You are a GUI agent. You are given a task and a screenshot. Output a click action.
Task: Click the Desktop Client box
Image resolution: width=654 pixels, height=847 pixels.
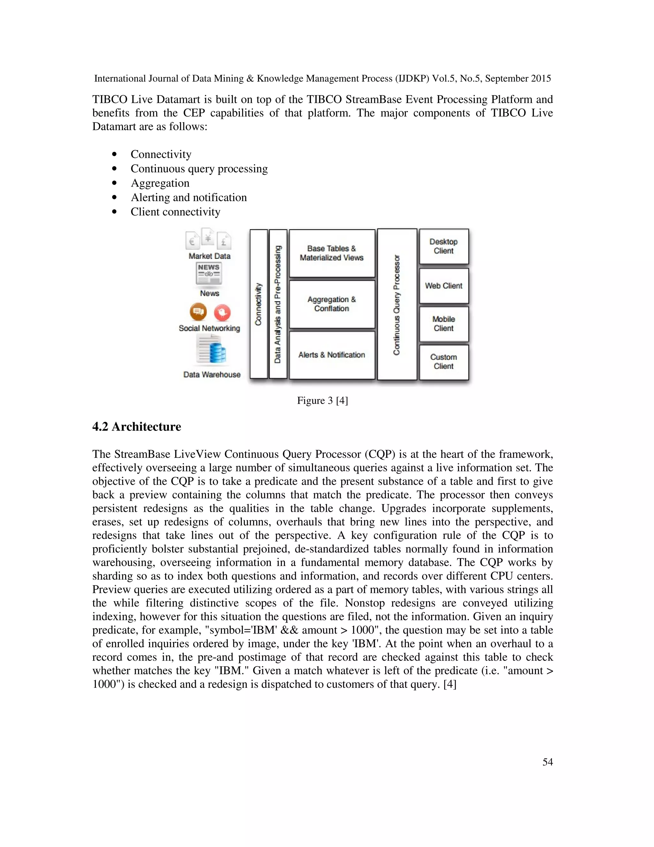[444, 246]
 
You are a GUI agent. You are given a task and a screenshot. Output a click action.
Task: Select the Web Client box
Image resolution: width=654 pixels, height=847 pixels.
[444, 286]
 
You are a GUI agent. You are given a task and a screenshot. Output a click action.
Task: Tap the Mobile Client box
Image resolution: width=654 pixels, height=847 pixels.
[444, 324]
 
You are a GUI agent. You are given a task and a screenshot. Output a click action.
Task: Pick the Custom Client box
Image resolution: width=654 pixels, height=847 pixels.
[444, 362]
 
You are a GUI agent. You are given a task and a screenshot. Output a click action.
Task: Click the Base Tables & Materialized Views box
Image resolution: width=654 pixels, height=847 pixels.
[332, 253]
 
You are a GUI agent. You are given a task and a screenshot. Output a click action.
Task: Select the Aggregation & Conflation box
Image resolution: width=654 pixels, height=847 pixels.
[332, 304]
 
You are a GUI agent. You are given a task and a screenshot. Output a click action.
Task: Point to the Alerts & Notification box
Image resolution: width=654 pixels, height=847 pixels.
[332, 355]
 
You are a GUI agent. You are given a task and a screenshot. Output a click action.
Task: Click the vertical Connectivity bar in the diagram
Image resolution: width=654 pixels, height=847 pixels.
[258, 304]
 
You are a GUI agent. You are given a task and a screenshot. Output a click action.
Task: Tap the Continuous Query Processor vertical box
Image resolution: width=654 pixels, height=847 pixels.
[397, 304]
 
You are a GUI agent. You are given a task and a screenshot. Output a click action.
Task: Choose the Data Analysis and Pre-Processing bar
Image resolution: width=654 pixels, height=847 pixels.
[278, 304]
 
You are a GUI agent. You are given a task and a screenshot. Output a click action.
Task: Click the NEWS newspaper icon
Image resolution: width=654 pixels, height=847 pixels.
[209, 274]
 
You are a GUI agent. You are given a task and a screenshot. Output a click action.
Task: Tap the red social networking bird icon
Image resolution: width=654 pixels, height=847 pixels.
[222, 313]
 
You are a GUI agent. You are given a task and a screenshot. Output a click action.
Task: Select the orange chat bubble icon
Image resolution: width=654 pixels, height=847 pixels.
[198, 312]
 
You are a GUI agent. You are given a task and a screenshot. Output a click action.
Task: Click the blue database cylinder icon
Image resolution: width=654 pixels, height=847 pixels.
[218, 353]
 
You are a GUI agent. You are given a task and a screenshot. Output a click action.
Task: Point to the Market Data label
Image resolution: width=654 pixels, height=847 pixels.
[209, 256]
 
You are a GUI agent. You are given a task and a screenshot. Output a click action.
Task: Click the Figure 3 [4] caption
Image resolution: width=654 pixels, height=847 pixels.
[322, 400]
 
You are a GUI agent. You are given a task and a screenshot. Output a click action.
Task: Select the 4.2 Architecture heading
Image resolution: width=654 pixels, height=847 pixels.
[136, 427]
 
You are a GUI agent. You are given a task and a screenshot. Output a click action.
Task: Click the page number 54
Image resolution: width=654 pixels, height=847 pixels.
[547, 762]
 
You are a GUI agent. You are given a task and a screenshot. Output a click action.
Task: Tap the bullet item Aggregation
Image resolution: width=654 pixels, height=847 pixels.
[160, 183]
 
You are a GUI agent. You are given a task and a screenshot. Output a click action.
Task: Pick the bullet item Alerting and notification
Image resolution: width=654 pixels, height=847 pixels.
[189, 198]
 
